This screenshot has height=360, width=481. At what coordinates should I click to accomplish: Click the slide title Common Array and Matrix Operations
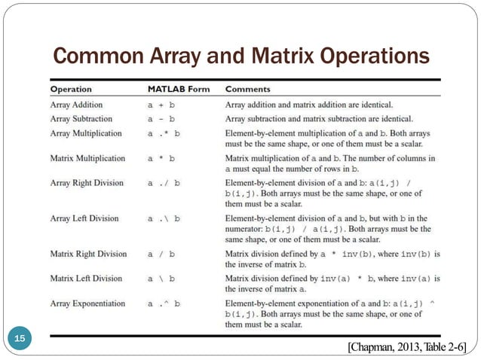(240, 56)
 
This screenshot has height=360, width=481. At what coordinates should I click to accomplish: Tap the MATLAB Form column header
(179, 90)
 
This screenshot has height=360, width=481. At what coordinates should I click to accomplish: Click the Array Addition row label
(76, 105)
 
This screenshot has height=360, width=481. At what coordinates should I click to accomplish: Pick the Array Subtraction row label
(81, 119)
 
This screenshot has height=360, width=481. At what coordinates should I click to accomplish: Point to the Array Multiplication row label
(85, 133)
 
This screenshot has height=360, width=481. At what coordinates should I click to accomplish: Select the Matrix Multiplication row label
(87, 159)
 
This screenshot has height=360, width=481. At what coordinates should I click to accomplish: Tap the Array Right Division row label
(85, 183)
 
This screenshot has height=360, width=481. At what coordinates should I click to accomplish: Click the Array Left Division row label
(84, 218)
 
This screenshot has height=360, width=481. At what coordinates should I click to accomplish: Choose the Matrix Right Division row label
(88, 254)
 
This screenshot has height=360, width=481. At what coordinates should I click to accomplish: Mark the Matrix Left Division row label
(85, 279)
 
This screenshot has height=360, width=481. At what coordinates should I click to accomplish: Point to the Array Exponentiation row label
(87, 304)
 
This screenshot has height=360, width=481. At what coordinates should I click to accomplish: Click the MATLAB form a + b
(161, 105)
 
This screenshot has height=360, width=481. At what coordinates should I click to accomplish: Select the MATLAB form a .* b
(164, 134)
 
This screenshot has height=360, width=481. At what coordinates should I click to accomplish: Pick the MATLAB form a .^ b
(164, 304)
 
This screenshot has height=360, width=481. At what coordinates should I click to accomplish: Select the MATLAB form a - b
(161, 120)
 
